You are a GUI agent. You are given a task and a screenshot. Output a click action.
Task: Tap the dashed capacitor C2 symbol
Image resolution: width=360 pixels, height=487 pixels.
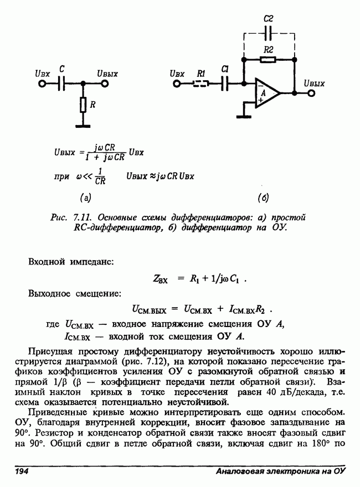[269, 34]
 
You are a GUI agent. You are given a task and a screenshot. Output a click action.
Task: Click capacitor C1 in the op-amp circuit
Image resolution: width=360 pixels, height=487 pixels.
[224, 84]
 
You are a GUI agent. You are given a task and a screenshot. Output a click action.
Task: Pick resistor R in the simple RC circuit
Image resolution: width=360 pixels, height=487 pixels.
[83, 105]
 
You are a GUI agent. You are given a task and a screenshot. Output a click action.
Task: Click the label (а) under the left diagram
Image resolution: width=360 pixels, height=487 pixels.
[85, 196]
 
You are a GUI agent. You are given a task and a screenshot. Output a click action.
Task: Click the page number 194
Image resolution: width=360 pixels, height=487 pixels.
[22, 472]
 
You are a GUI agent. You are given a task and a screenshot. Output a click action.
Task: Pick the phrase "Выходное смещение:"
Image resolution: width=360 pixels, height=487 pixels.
[74, 293]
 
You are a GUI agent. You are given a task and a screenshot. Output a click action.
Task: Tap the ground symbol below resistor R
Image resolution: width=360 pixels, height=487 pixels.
[83, 126]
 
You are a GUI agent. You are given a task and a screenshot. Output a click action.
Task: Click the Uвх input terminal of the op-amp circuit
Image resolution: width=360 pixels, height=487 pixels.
[177, 84]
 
